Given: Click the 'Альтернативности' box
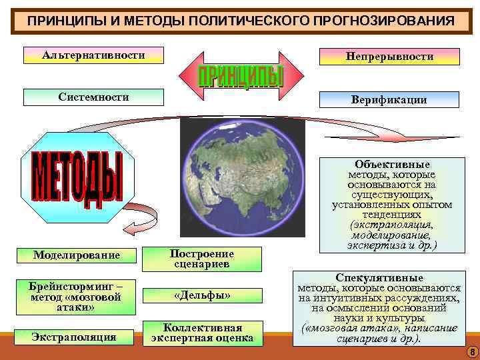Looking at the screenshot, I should click(x=93, y=55).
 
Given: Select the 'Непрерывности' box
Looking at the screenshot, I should click(x=389, y=57).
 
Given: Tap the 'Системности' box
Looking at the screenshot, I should click(x=93, y=97).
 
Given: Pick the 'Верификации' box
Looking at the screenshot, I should click(x=389, y=100).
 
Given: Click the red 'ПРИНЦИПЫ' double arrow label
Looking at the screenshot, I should click(x=241, y=76).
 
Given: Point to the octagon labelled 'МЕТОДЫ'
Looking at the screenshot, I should click(x=77, y=176).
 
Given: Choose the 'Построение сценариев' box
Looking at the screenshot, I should click(x=202, y=259).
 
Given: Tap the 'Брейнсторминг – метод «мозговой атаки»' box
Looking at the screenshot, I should click(x=75, y=297).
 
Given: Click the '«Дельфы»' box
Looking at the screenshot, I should click(x=202, y=295).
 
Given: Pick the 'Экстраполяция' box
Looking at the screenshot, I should click(x=74, y=337).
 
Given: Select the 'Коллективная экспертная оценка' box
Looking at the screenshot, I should click(x=202, y=333).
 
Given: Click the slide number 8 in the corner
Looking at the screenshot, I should click(x=471, y=351).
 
